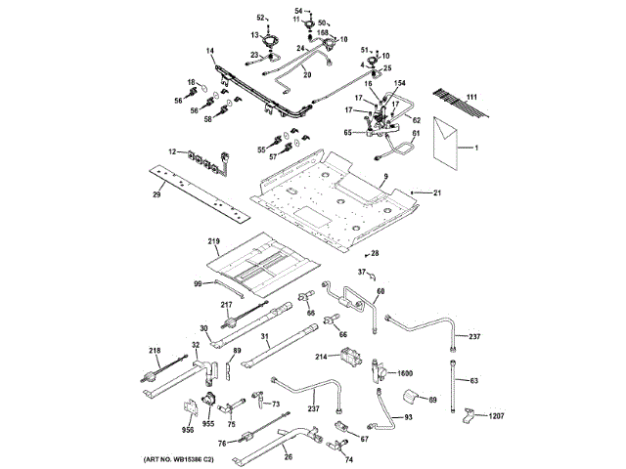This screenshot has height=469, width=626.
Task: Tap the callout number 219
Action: click(214, 241)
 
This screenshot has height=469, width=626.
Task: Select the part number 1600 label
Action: click(405, 373)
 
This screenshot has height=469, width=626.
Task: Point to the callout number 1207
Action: click(498, 417)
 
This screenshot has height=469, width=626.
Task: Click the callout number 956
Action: click(187, 429)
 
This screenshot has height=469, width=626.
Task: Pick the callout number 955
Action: click(207, 425)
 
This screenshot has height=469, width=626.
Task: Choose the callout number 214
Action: click(320, 358)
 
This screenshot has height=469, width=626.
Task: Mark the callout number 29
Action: click(156, 196)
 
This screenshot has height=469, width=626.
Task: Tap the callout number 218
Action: click(155, 351)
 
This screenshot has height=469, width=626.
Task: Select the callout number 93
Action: click(408, 417)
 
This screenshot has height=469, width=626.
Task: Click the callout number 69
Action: click(433, 401)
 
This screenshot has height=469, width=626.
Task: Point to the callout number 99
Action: click(197, 283)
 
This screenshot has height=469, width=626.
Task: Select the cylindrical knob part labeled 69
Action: click(412, 397)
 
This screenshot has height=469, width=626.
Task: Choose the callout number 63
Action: click(473, 380)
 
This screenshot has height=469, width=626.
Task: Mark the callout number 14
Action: click(209, 49)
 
